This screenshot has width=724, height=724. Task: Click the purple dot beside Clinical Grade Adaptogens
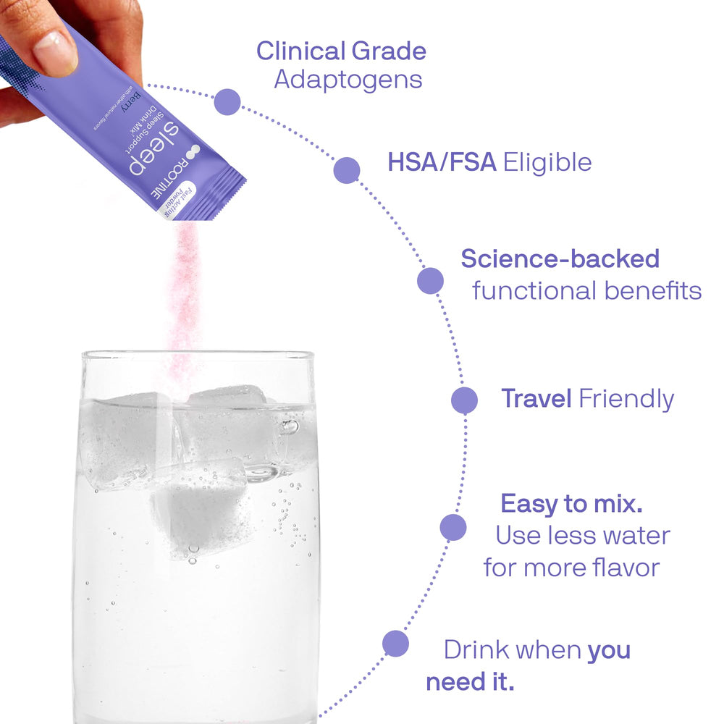pyautogui.click(x=228, y=102)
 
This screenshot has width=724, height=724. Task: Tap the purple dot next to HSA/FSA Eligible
pyautogui.click(x=347, y=169)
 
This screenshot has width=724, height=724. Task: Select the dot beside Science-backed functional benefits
pyautogui.click(x=430, y=281)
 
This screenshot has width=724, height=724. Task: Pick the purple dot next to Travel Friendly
pyautogui.click(x=464, y=400)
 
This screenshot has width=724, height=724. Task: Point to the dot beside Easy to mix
pyautogui.click(x=453, y=527)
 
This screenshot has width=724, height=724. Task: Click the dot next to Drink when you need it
pyautogui.click(x=395, y=643)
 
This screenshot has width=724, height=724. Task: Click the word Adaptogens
pyautogui.click(x=348, y=79)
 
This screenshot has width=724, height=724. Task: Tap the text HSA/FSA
pyautogui.click(x=442, y=162)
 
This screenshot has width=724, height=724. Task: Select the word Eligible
pyautogui.click(x=547, y=162)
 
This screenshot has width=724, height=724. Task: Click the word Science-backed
pyautogui.click(x=560, y=258)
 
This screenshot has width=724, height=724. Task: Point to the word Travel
pyautogui.click(x=536, y=398)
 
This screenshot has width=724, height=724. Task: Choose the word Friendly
pyautogui.click(x=626, y=398)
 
